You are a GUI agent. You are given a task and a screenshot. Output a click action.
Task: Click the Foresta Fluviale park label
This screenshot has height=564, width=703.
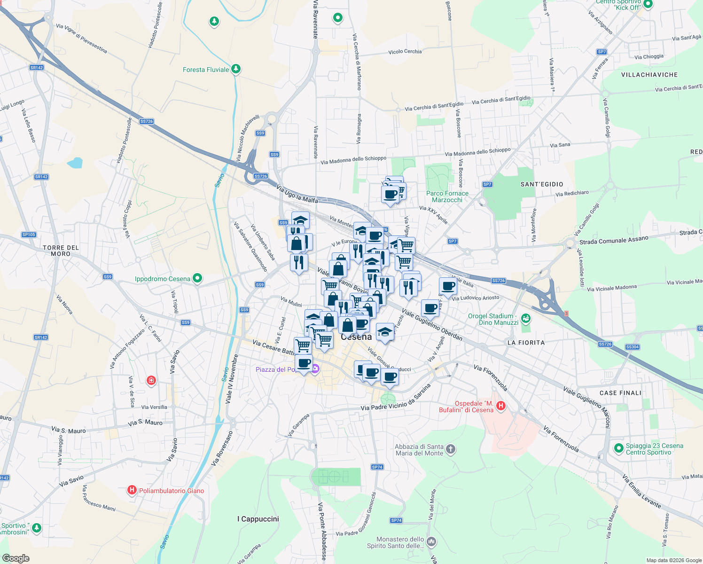(x=206, y=70)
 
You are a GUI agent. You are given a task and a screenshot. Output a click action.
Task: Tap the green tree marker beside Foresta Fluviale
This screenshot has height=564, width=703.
(x=236, y=69)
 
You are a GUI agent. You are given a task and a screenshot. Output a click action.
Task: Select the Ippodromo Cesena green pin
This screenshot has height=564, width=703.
(x=197, y=278)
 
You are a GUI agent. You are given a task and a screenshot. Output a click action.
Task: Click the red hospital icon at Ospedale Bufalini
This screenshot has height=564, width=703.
(x=501, y=405)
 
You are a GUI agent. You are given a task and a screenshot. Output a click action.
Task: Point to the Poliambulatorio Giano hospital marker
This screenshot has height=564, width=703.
(x=132, y=490)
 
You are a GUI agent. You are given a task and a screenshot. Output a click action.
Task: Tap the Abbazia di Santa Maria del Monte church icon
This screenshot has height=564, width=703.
(x=450, y=449)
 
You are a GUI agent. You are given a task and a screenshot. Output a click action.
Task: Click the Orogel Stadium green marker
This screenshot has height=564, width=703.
(x=525, y=318)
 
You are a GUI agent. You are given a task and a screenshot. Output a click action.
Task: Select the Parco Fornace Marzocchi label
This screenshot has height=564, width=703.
(x=447, y=196)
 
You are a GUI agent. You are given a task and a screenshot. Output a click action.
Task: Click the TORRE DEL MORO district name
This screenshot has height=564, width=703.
(x=61, y=251)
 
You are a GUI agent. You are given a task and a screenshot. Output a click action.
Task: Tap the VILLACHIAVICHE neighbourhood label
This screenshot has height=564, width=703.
(x=649, y=75)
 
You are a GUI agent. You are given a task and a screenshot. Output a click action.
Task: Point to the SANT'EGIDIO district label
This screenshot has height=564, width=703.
(x=542, y=184)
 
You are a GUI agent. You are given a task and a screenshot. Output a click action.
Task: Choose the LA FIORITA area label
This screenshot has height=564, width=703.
(x=526, y=343)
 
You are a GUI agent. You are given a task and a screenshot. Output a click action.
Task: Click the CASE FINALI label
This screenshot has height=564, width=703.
(x=620, y=393)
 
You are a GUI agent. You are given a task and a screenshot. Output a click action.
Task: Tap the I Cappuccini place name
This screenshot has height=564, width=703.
(x=258, y=519)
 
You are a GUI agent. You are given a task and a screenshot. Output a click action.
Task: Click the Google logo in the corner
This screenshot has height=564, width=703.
(x=16, y=558)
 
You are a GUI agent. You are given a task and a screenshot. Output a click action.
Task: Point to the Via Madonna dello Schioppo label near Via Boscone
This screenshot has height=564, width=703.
(x=477, y=152)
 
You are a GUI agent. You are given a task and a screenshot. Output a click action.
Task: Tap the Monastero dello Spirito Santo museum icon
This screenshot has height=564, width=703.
(x=431, y=542)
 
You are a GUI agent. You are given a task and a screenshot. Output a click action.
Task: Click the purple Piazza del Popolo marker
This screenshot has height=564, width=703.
(x=315, y=369)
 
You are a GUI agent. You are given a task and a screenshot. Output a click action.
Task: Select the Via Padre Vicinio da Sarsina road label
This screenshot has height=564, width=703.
(x=395, y=399)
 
